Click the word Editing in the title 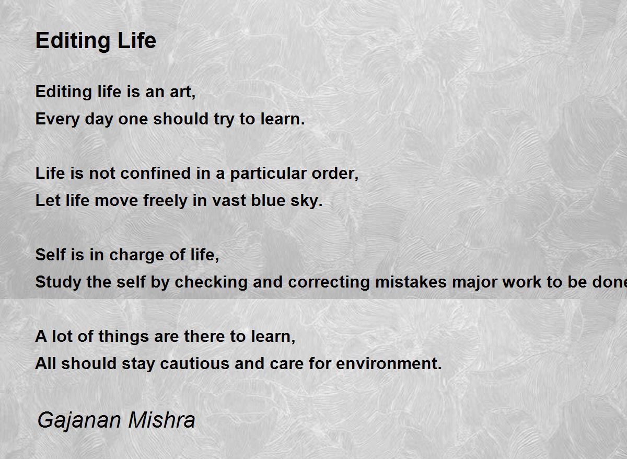tap(73, 41)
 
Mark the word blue tap(268, 200)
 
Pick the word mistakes tap(411, 282)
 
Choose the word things tap(123, 337)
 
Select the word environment tap(389, 364)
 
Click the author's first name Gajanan tap(79, 421)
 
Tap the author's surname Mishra tap(161, 420)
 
